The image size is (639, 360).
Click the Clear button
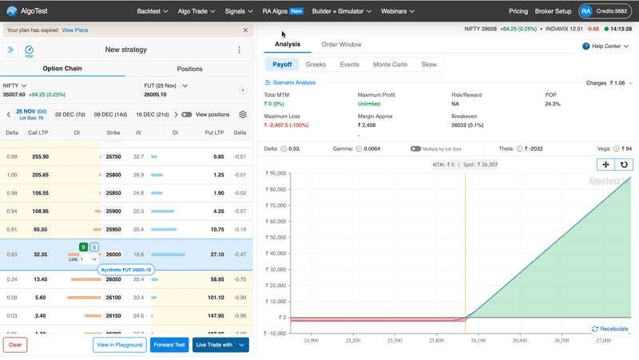click(x=15, y=345)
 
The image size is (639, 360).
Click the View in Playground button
click(x=119, y=345)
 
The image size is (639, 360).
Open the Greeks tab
click(x=316, y=65)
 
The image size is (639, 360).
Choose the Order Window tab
click(x=341, y=45)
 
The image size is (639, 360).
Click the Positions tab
click(x=189, y=69)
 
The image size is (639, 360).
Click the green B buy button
click(x=84, y=247)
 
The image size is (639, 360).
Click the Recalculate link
click(x=610, y=329)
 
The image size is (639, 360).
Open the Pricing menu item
click(x=518, y=11)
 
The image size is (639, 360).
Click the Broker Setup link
click(x=552, y=11)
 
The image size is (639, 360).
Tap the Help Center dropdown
click(x=608, y=46)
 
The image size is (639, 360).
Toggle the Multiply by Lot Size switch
click(x=416, y=148)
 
